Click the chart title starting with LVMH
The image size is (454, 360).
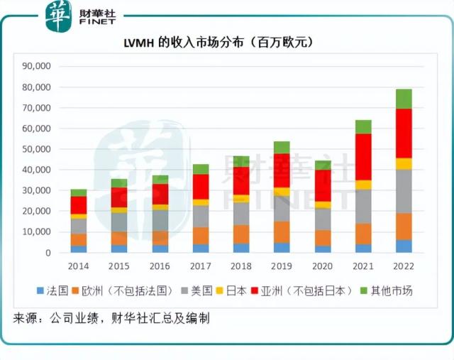(227, 43)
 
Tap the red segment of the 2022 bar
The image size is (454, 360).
(404, 133)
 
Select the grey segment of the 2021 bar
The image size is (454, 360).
(363, 206)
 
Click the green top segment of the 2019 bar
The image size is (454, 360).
(282, 147)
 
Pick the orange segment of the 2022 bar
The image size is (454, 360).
(404, 227)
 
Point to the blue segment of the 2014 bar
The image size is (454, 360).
(78, 249)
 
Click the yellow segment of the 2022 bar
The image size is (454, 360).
(404, 163)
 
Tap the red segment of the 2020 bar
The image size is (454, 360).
(323, 185)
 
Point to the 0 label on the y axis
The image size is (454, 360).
(48, 253)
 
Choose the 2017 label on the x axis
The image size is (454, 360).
(201, 266)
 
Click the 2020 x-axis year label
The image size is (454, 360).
(323, 266)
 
